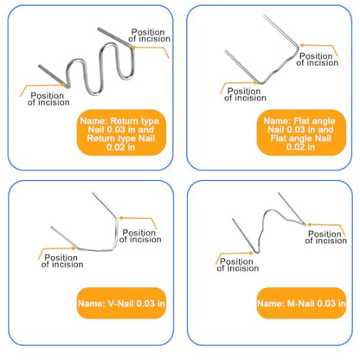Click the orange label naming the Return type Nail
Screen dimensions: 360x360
click(121, 132)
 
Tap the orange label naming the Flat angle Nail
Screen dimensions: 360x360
click(301, 132)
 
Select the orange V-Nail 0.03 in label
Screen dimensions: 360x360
click(121, 303)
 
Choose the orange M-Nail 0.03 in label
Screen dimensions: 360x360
click(301, 303)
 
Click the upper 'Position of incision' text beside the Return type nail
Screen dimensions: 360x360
click(149, 35)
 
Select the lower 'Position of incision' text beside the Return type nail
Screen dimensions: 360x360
click(48, 99)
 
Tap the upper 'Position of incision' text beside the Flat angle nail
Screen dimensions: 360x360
click(317, 60)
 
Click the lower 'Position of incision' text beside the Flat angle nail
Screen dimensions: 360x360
click(245, 94)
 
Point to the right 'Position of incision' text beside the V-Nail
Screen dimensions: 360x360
click(140, 236)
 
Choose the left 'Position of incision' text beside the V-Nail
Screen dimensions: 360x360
click(62, 261)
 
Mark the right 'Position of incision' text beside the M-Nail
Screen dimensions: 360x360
click(326, 237)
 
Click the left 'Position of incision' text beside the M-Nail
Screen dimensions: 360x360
click(238, 265)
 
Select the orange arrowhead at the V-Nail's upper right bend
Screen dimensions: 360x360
click(121, 218)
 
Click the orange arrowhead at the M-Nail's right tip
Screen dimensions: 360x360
click(309, 224)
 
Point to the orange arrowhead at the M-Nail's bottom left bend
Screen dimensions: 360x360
click(251, 253)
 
